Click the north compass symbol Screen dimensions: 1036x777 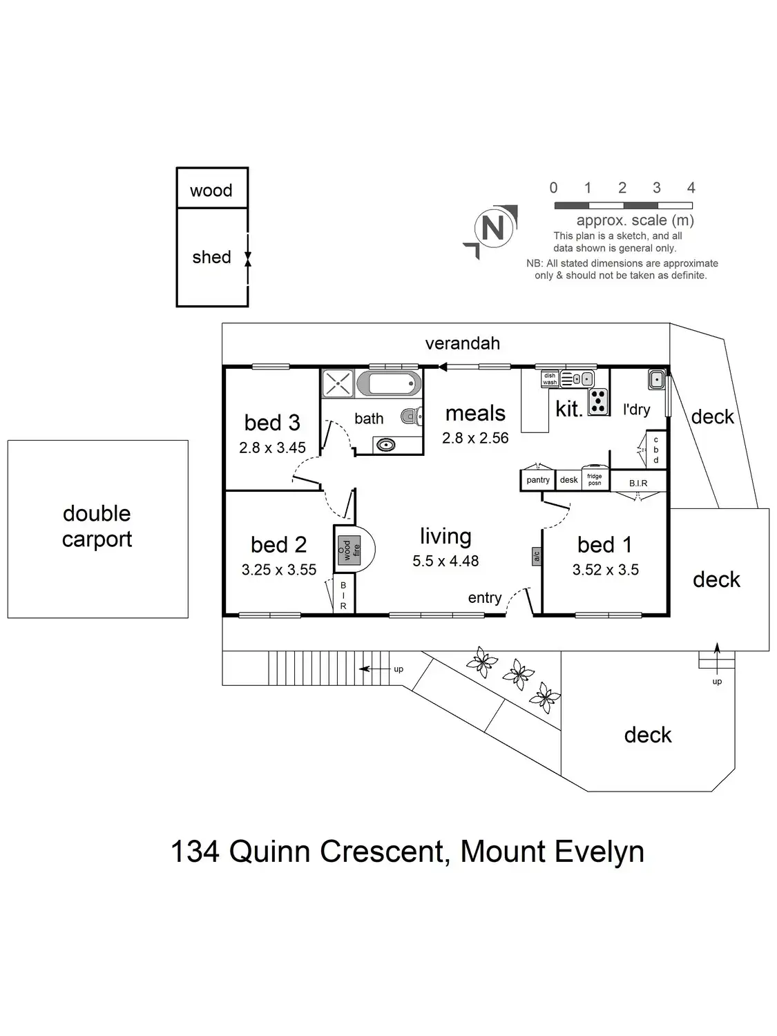[x=492, y=229]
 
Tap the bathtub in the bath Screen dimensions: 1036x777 [x=394, y=383]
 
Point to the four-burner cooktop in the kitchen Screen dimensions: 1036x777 [x=598, y=401]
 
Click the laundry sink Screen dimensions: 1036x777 [x=656, y=379]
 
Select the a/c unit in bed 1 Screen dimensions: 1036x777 [x=536, y=556]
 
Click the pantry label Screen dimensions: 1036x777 [x=538, y=480]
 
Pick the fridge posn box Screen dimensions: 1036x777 [x=595, y=480]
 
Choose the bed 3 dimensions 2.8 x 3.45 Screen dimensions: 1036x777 [x=272, y=448]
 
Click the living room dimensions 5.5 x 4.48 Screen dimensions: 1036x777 [x=445, y=562]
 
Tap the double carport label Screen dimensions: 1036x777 [x=97, y=526]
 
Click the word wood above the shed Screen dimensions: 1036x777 [x=211, y=191]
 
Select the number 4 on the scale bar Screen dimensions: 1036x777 [x=691, y=188]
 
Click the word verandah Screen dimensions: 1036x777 [x=462, y=343]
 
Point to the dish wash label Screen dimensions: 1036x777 [x=550, y=379]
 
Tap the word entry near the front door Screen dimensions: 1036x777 [x=484, y=598]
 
